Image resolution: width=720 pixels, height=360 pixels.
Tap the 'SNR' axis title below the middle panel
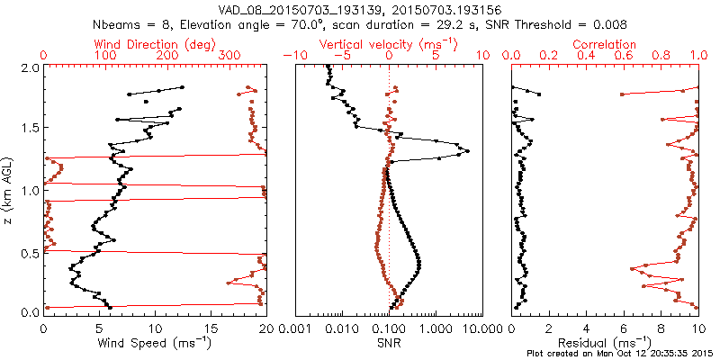click(390, 343)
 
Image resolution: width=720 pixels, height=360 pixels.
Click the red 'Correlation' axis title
click(605, 44)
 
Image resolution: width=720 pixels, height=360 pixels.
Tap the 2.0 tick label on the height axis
click(30, 67)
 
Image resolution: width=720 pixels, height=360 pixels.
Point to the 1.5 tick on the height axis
click(30, 129)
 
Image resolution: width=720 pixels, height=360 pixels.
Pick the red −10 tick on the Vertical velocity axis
click(293, 56)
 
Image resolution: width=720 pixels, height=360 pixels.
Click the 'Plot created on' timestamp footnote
click(620, 353)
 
